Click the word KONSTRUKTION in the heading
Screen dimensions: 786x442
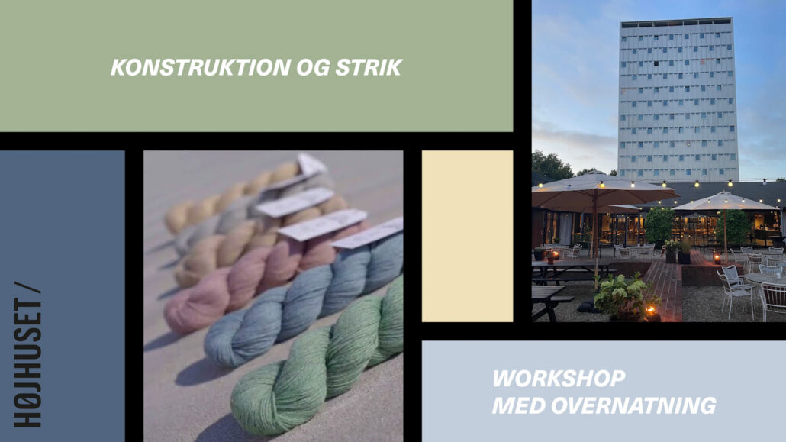click(x=201, y=67)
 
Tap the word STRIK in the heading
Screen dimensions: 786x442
click(x=369, y=67)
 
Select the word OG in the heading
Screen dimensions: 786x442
click(x=313, y=67)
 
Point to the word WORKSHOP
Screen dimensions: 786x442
click(x=559, y=379)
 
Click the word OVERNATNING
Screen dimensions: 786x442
click(x=634, y=405)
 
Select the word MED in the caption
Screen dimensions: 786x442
click(x=519, y=405)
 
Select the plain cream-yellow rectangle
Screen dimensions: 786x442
click(x=467, y=236)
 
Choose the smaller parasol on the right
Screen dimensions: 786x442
click(x=724, y=202)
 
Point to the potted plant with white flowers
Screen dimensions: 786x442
click(x=622, y=297)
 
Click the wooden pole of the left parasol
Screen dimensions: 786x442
click(x=595, y=236)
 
